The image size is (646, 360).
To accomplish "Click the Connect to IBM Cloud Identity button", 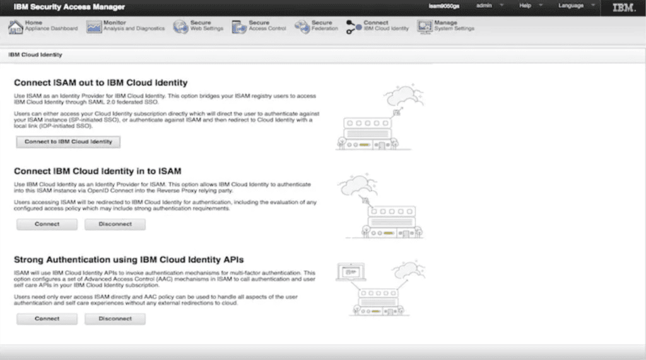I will point(68,142).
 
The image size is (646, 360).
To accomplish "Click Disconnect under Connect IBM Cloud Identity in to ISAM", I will point(115,224).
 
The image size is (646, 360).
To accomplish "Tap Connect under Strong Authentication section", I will point(47,319).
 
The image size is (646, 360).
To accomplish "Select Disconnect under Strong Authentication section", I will point(115,319).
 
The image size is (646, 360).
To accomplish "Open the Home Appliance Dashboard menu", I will point(43,26).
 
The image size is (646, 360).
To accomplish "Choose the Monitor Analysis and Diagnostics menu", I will point(126,26).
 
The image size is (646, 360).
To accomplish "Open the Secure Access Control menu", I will point(259,26).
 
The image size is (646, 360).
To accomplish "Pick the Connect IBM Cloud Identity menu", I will point(378,26).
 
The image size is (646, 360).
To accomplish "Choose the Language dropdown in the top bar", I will point(576,6).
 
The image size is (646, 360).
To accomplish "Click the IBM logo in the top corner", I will point(624,7).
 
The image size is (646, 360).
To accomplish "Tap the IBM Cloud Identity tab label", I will point(35,55).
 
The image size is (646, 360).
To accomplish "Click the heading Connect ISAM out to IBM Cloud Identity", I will point(101,83).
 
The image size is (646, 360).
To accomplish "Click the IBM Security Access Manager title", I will point(69,7).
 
